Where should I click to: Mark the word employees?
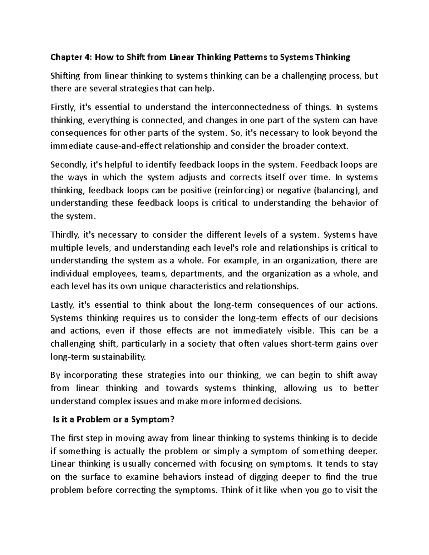115,274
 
